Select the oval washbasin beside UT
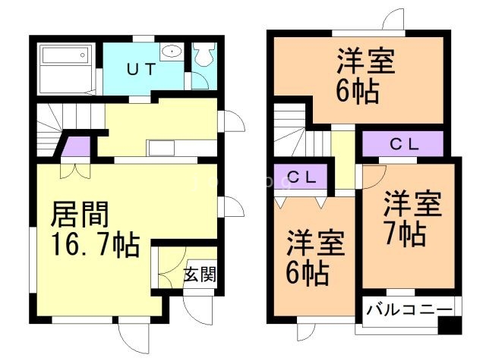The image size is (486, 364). pos(173,52)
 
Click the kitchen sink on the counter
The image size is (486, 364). pos(161,147)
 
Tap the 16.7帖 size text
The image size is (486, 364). pos(94,245)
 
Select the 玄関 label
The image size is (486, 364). pos(200,274)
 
